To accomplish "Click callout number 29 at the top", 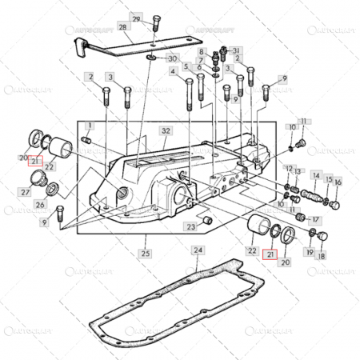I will pos(136,18).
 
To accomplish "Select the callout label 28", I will pos(124,27).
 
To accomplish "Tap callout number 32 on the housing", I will pos(166,130).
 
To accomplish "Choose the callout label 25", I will pos(145,254).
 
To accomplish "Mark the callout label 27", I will pos(26,192).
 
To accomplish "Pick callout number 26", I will pos(41,205).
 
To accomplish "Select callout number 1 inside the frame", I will pos(90,126).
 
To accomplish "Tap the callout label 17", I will pos(315,219).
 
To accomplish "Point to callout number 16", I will pos(338,182).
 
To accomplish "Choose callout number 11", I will pos(304,121).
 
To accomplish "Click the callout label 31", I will pos(236,50).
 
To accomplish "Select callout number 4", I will pos(173,71).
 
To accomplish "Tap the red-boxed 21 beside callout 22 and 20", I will pos(270,256).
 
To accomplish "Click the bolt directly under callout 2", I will pos(105,102).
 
